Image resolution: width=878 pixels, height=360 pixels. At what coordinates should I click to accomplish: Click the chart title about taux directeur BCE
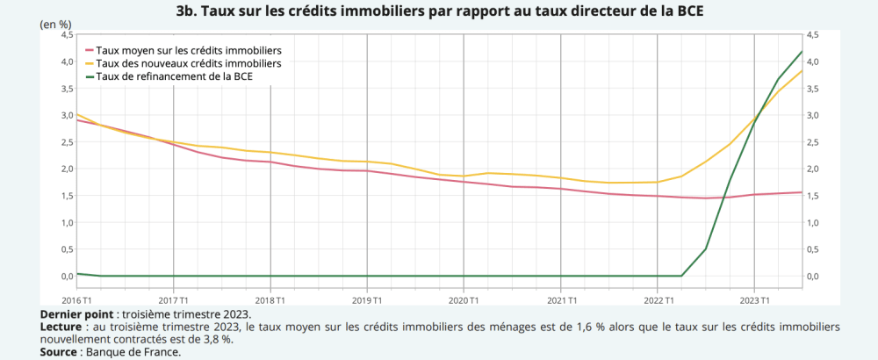(439, 11)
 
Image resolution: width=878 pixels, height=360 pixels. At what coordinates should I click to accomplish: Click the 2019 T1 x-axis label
(367, 300)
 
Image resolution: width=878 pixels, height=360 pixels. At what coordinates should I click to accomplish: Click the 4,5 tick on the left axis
(67, 35)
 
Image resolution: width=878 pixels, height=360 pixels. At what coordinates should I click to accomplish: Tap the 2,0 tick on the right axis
(813, 169)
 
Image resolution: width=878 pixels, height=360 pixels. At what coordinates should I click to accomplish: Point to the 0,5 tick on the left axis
(67, 249)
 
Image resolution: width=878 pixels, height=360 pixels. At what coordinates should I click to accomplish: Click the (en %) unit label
(55, 24)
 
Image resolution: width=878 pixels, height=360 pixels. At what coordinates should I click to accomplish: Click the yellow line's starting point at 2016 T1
(77, 114)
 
